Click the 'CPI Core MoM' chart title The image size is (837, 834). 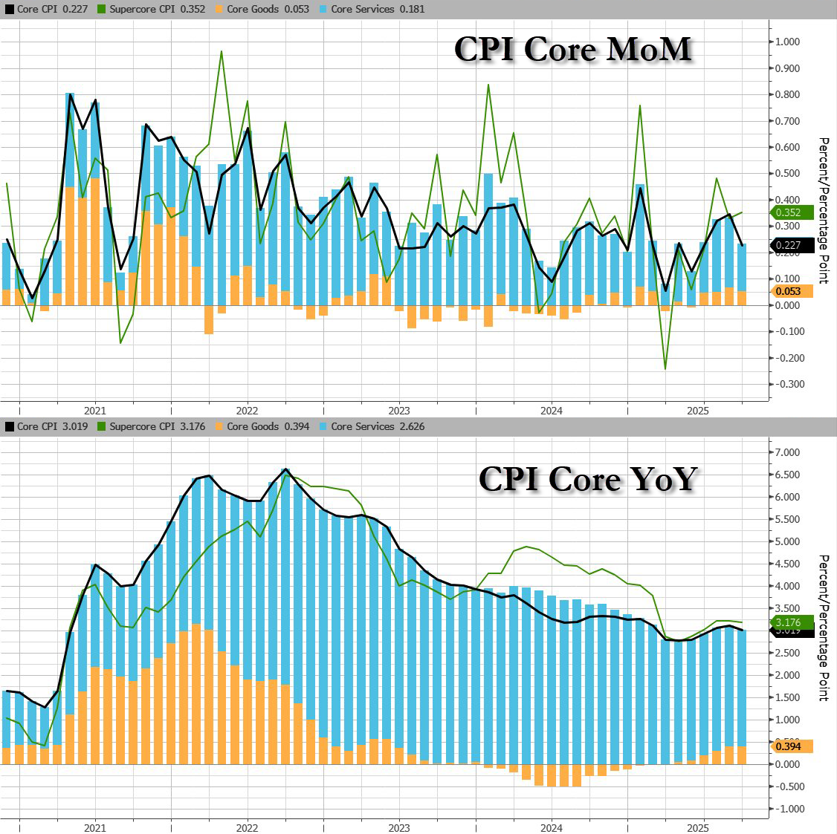pos(572,49)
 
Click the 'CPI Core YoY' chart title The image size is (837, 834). pos(587,478)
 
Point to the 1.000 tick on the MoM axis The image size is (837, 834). pos(786,42)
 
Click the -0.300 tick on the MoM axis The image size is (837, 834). pos(786,384)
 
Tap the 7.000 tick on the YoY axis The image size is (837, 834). pos(786,452)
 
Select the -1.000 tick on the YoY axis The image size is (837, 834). pos(786,809)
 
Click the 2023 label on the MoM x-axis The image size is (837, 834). pos(398,411)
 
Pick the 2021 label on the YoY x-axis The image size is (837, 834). pos(94,828)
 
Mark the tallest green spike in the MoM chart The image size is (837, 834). pos(221,52)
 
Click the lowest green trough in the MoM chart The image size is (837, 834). pos(665,368)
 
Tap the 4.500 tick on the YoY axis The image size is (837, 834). pos(786,564)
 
